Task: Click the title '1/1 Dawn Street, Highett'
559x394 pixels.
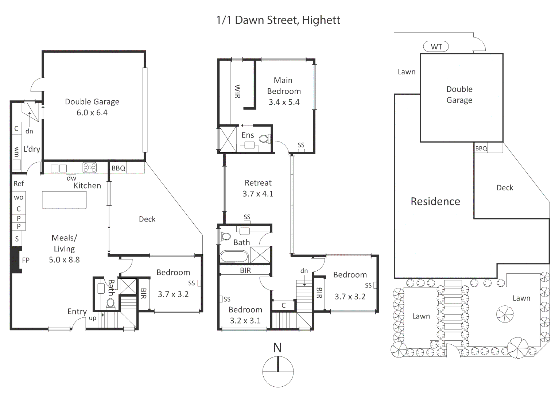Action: coord(278,20)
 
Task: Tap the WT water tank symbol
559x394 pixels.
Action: coord(436,47)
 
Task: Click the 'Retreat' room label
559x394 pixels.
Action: coord(258,183)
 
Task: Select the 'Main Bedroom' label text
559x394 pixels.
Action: coord(284,86)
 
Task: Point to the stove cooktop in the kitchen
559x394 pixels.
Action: coord(90,167)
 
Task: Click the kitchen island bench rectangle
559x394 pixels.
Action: coord(64,200)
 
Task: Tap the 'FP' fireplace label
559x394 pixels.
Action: coord(26,260)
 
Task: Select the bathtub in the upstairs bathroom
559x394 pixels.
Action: coord(234,256)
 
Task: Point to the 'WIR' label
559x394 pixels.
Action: coord(237,91)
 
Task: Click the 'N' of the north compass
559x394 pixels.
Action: coord(277,348)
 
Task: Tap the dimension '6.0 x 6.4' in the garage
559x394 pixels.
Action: coord(92,113)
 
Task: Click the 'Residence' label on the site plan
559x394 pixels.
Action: coord(435,201)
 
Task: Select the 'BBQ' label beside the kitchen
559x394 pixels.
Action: coord(118,168)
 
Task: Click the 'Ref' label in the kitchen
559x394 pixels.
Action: coord(19,184)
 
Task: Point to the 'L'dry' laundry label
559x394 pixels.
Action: coord(32,149)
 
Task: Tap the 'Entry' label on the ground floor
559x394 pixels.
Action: coord(77,312)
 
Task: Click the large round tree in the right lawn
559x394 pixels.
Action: coord(505,314)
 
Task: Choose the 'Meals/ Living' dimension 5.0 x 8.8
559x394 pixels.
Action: coord(64,260)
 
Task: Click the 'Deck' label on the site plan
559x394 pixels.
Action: coord(505,188)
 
